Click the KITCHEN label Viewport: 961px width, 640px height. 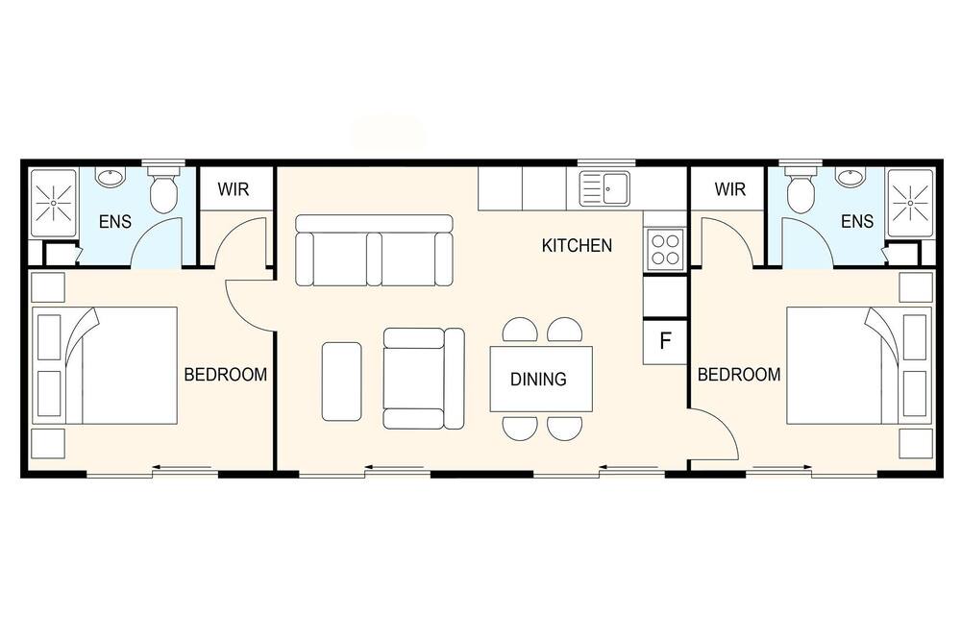pos(577,246)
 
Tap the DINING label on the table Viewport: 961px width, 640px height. pos(538,380)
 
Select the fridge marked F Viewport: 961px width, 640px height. pos(665,341)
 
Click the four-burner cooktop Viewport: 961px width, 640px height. pos(665,249)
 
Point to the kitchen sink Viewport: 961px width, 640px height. pos(604,188)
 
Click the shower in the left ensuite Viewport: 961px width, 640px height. pos(53,203)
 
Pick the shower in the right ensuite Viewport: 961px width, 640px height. pos(910,203)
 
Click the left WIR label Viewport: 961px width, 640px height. pos(234,189)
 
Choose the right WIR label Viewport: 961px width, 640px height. pos(730,189)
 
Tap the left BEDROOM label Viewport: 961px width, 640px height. pos(226,375)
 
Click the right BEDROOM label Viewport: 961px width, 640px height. pos(739,375)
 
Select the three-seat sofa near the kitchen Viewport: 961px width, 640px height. pos(374,250)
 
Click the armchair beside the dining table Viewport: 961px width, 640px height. pos(424,379)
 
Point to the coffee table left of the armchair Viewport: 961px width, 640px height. pos(341,382)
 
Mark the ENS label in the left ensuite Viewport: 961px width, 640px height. pos(115,221)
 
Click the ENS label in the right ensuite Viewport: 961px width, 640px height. pos(857,221)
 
